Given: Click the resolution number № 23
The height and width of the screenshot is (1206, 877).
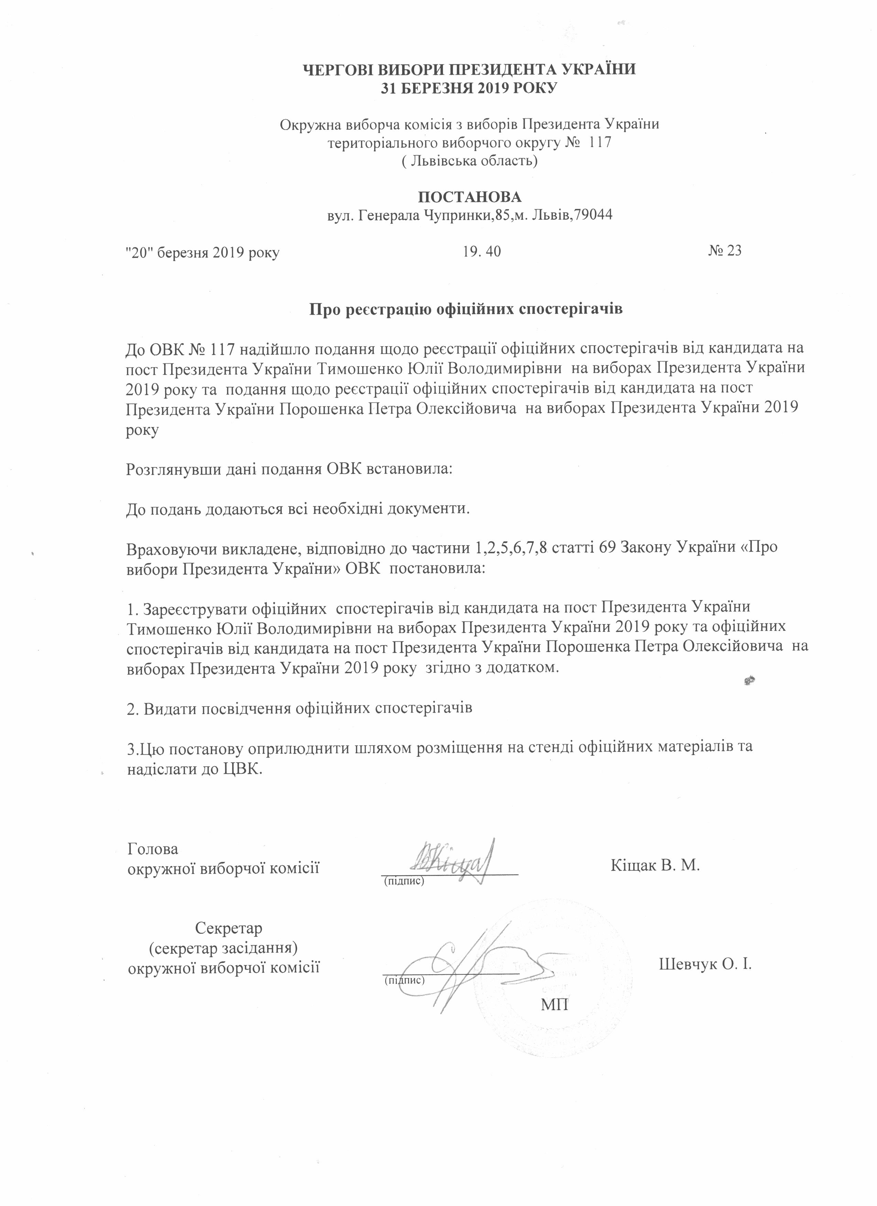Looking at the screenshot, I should click(x=724, y=251).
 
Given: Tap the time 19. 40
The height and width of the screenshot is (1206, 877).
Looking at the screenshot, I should click(x=482, y=252).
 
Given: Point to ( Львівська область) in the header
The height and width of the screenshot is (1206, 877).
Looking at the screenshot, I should click(x=469, y=160).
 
